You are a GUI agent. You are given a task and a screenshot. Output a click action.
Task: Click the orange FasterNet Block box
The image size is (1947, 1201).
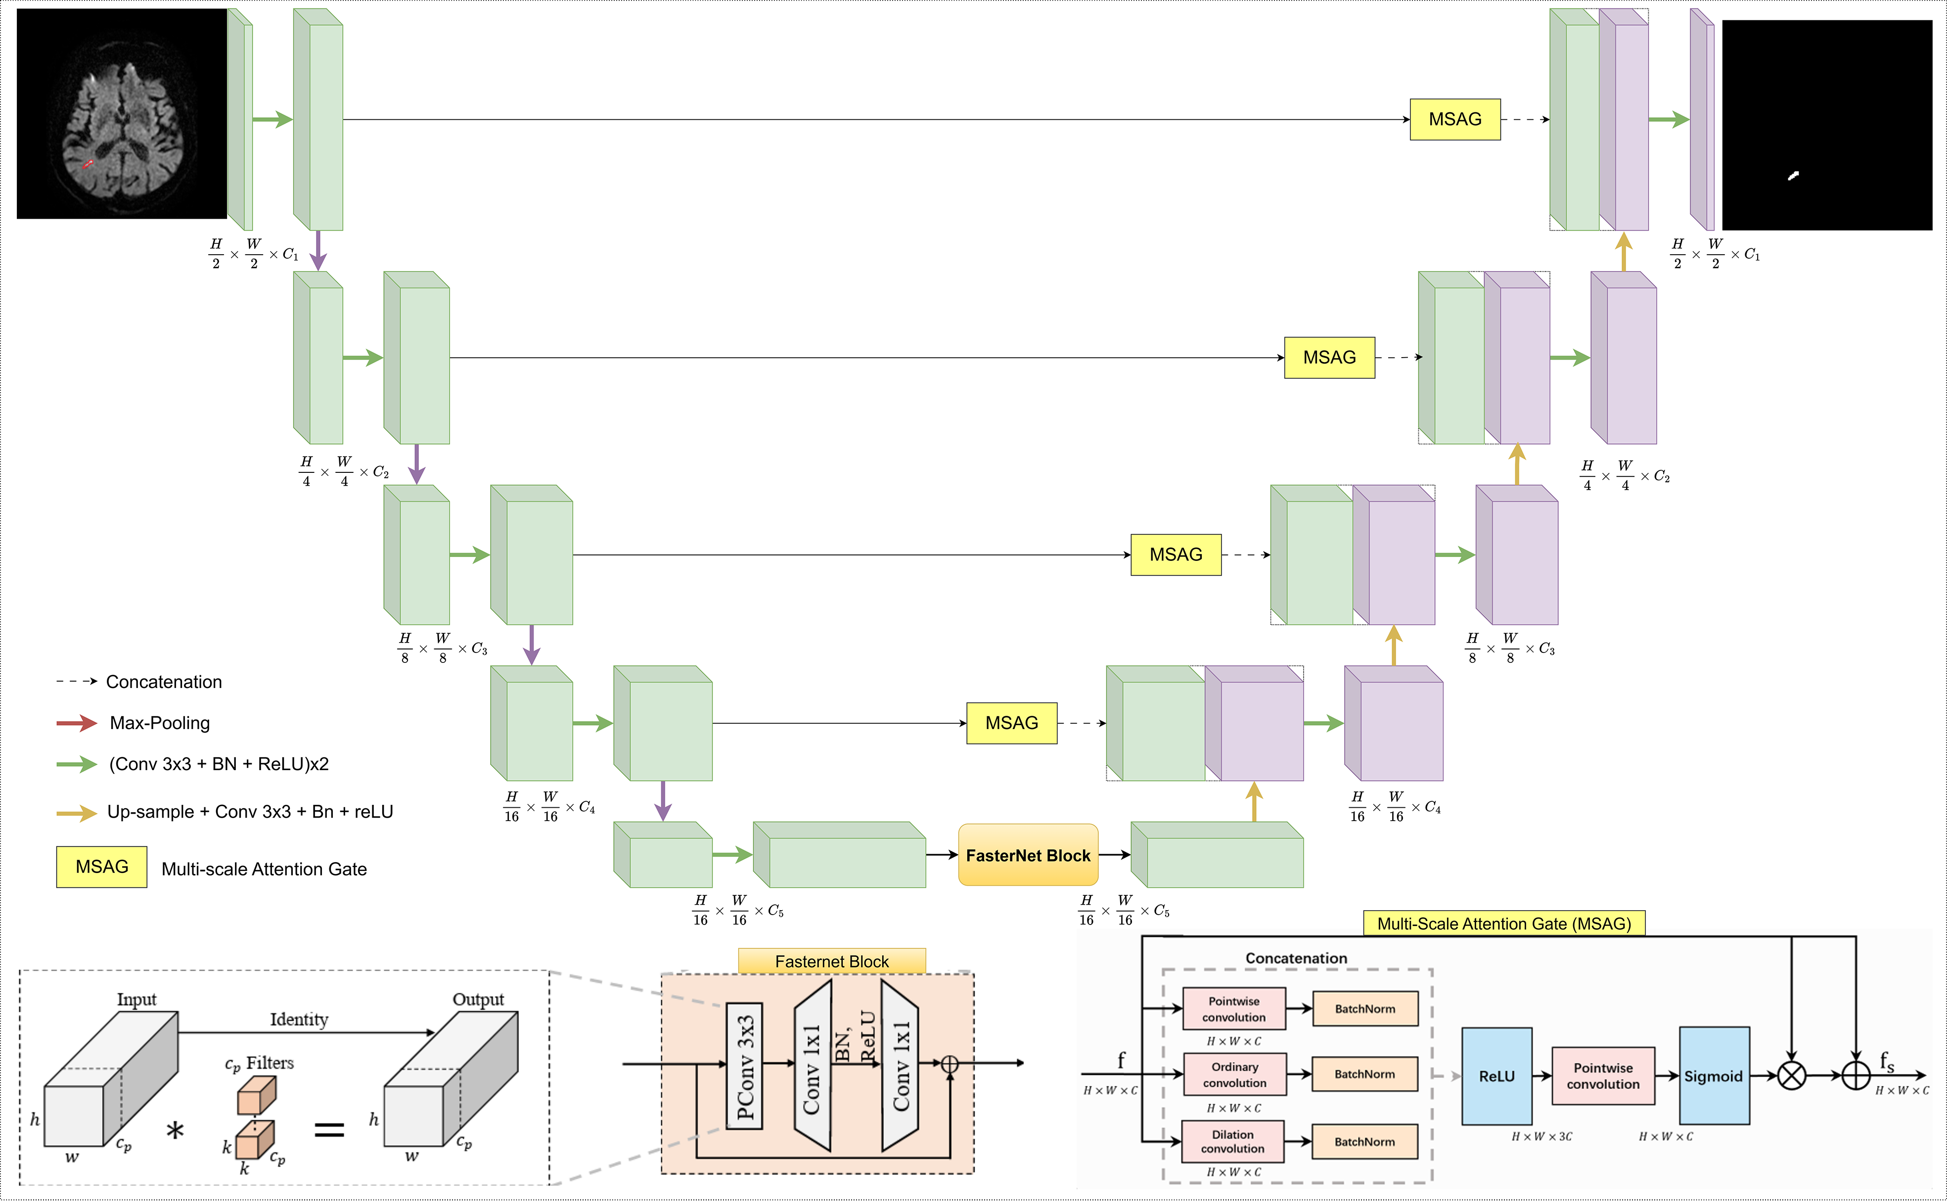[1028, 855]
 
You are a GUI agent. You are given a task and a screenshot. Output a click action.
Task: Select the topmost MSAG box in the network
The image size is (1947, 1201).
[1455, 119]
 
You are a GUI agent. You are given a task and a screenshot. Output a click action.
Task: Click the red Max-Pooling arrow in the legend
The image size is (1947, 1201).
[76, 723]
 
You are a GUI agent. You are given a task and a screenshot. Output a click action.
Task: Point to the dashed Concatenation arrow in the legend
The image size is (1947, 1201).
[76, 682]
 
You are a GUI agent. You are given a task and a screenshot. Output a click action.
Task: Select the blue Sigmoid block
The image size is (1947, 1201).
[1714, 1076]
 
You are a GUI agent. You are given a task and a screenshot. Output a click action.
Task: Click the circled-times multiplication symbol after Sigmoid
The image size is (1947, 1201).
[1791, 1076]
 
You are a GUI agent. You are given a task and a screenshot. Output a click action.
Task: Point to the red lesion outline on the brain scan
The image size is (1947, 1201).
[88, 164]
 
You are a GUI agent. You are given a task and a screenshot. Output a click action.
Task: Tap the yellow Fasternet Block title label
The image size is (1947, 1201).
[831, 961]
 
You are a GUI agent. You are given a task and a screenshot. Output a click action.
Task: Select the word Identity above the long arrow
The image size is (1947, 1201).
[299, 1019]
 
